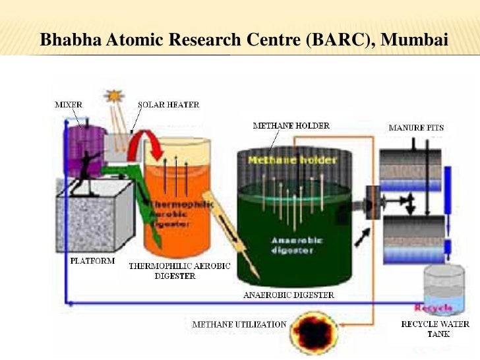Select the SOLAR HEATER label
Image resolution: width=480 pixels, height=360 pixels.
click(168, 104)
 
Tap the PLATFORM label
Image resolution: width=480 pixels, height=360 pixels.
click(92, 260)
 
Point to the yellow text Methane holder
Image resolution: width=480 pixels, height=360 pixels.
click(283, 160)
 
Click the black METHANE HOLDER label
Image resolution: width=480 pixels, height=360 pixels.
click(291, 125)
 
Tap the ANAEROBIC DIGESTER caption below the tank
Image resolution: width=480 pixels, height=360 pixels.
click(288, 295)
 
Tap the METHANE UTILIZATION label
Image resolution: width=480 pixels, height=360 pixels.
click(239, 324)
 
